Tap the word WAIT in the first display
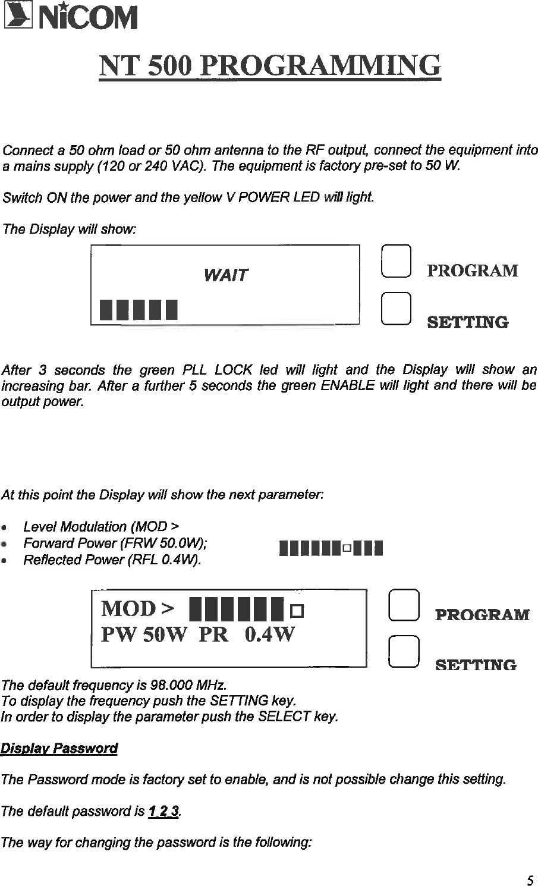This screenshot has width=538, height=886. (x=225, y=275)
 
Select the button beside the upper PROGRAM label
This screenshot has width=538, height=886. (x=395, y=262)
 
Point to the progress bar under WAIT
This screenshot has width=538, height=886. (x=140, y=309)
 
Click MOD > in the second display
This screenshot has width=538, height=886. (x=138, y=608)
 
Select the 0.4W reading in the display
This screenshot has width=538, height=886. (x=269, y=635)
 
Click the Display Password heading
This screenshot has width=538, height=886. (x=59, y=748)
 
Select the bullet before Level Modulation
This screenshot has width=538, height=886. (x=5, y=527)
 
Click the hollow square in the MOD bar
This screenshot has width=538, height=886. (x=297, y=610)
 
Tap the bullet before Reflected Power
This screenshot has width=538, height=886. (x=5, y=561)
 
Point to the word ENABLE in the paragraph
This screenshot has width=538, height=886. (x=348, y=386)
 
